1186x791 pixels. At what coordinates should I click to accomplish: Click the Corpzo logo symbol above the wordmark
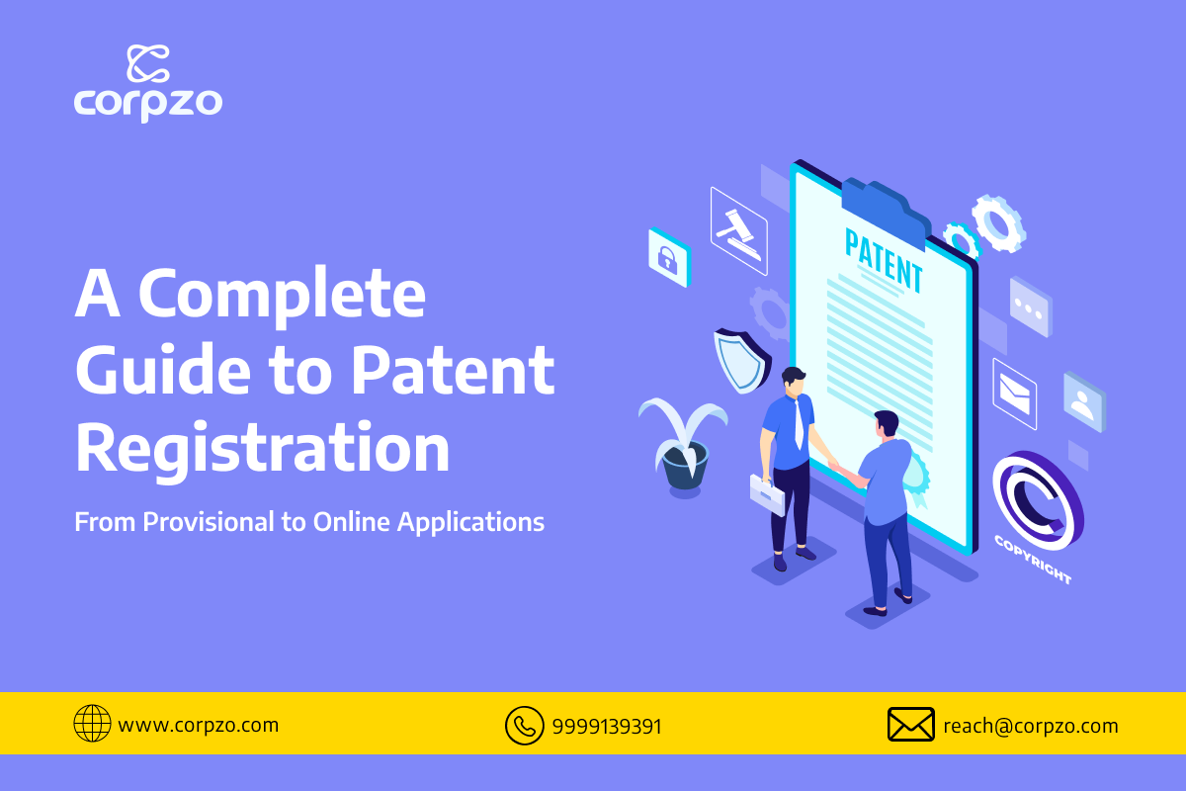coord(148,63)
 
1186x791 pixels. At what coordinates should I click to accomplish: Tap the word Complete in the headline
coord(283,295)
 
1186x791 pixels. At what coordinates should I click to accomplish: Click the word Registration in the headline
coord(263,448)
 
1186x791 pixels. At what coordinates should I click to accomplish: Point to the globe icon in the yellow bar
coord(92,723)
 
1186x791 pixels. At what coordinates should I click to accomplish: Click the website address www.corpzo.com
coord(199,725)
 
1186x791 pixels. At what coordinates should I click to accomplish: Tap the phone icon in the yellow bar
coord(524,726)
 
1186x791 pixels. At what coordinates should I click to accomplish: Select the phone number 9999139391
coord(607,727)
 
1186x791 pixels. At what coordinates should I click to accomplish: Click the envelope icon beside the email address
coord(910,724)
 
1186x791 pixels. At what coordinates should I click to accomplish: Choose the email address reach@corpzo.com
coord(1031,726)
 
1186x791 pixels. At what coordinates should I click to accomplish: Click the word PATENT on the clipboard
coord(884,260)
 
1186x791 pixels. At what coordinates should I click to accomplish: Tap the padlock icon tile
coord(669,257)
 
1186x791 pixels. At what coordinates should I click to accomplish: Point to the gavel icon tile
coord(739,231)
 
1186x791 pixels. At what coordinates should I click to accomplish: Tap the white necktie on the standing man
coord(798,424)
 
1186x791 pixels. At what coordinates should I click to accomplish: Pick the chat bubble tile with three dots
coord(1031,308)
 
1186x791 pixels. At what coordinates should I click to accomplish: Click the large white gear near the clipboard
coord(998,223)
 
